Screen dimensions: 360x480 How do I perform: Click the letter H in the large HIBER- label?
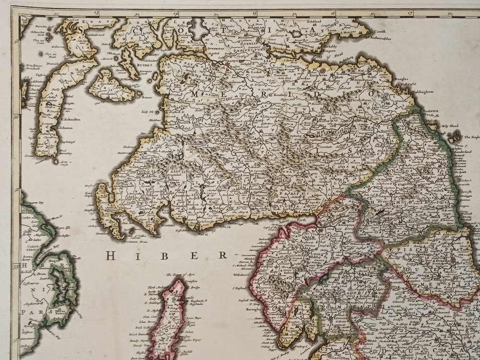click(x=110, y=256)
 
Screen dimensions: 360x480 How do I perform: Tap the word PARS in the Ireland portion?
click(x=31, y=312)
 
